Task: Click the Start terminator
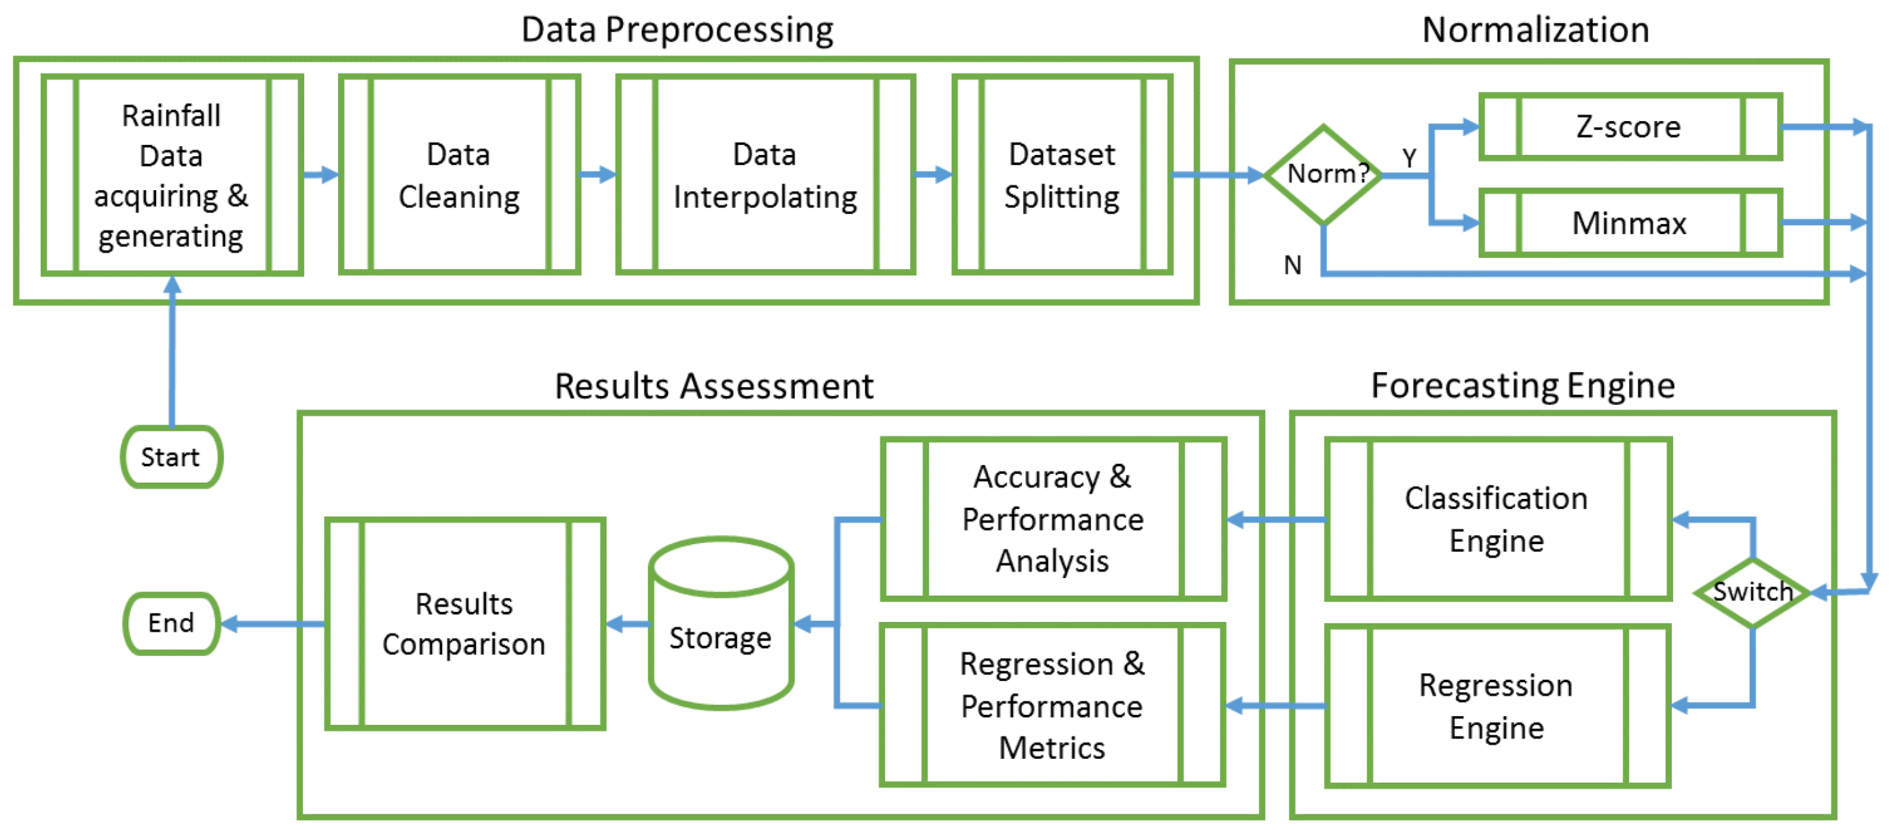click(171, 457)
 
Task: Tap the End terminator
click(171, 623)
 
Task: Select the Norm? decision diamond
click(1323, 174)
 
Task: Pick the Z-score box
click(1630, 127)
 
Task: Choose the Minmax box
click(1630, 223)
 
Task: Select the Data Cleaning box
click(460, 175)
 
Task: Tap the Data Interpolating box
click(765, 175)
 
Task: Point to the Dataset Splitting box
click(1061, 175)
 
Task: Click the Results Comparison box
click(464, 623)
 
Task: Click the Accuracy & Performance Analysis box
click(1053, 519)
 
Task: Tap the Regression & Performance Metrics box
click(1053, 705)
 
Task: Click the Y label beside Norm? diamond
click(1409, 157)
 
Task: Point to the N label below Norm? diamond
click(1292, 264)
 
